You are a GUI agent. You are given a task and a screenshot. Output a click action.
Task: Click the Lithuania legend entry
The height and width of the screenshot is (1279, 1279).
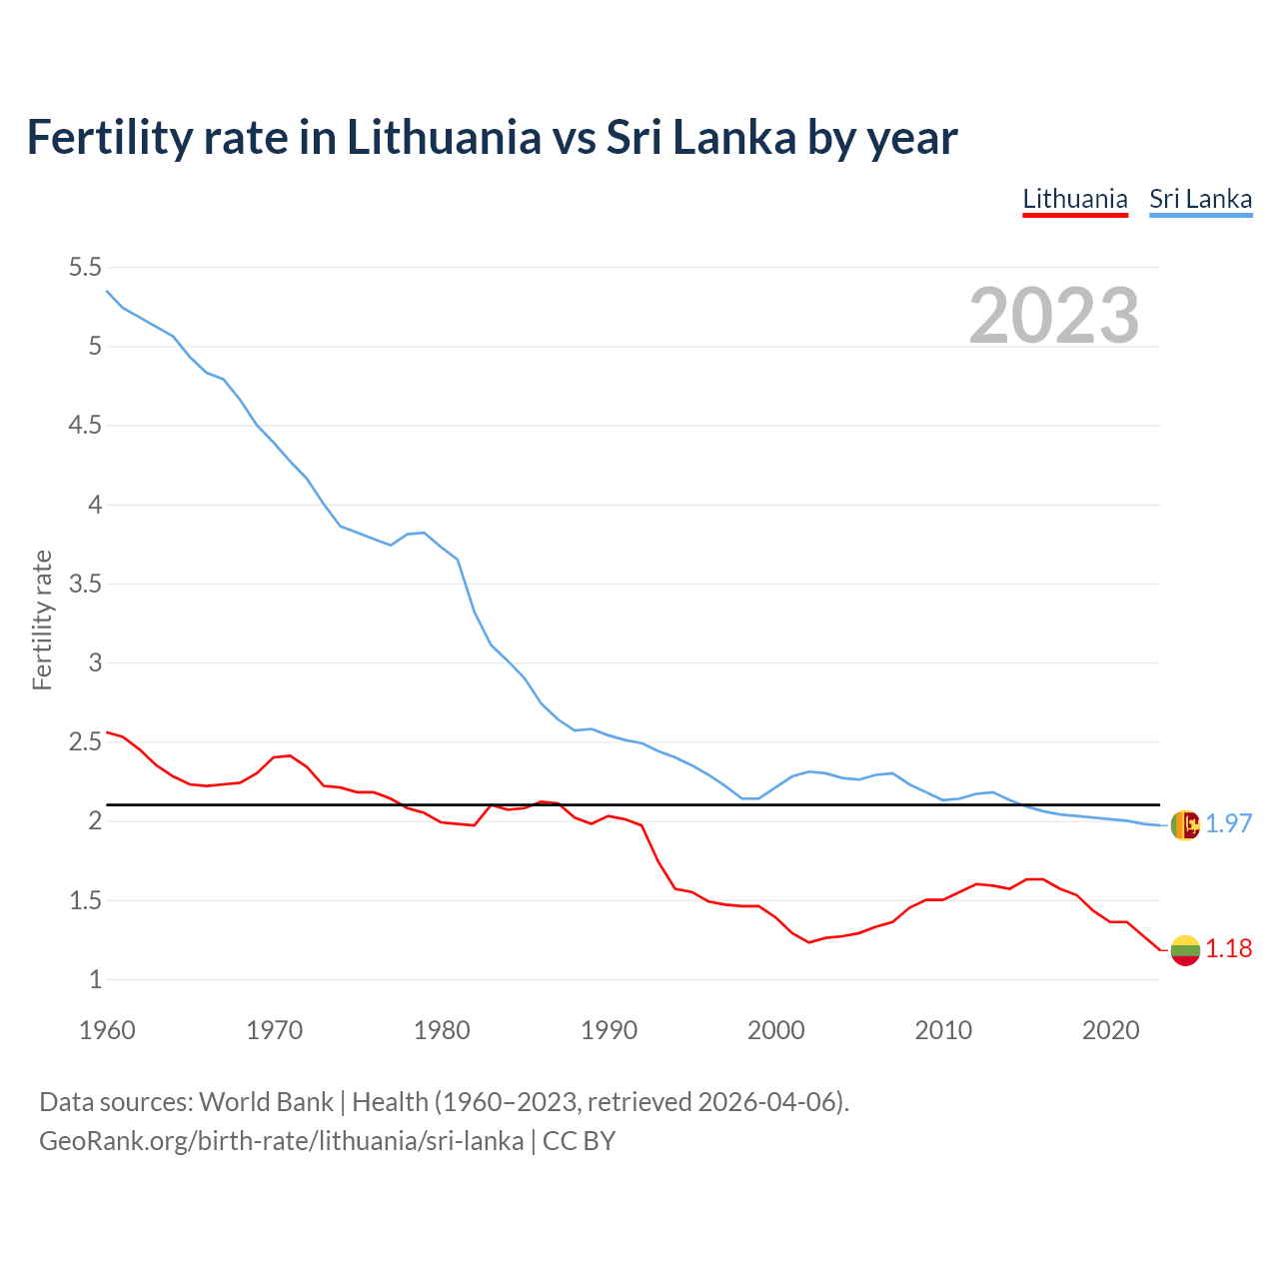[1075, 199]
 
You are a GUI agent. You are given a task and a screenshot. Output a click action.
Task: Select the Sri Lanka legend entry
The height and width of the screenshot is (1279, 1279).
[1200, 199]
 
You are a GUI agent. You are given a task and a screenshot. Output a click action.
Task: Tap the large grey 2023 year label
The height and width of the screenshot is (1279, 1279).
[1054, 316]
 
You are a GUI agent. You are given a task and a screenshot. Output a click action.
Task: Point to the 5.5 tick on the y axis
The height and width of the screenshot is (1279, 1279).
[85, 267]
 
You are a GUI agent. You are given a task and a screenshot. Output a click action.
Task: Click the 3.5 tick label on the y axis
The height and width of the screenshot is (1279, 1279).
[85, 584]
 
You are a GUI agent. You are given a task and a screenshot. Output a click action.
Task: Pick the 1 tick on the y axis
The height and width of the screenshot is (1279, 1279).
[96, 979]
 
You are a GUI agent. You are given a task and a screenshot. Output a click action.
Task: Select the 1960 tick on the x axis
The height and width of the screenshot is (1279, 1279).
[107, 1030]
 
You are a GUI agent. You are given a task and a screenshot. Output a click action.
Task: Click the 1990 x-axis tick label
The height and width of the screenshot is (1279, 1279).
[609, 1030]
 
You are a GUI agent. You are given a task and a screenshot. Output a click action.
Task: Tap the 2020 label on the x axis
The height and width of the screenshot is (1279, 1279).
[1110, 1030]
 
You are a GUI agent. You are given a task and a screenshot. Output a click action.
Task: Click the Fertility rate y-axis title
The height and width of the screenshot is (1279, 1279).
[42, 620]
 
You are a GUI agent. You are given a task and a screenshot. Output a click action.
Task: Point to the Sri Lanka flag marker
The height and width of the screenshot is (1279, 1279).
[1184, 824]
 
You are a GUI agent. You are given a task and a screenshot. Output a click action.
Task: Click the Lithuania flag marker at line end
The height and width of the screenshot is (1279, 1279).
[1184, 950]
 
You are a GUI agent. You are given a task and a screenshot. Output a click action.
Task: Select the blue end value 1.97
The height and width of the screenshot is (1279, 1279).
[1228, 823]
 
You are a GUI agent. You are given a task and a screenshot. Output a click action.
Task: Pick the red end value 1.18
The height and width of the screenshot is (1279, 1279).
[1228, 949]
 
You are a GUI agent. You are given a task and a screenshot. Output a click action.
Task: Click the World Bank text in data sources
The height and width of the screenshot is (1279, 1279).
[266, 1102]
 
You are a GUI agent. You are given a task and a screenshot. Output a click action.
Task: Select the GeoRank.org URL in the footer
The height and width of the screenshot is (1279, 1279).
[281, 1141]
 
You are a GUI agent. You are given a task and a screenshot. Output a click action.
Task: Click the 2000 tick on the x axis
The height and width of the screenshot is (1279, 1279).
[775, 1030]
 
